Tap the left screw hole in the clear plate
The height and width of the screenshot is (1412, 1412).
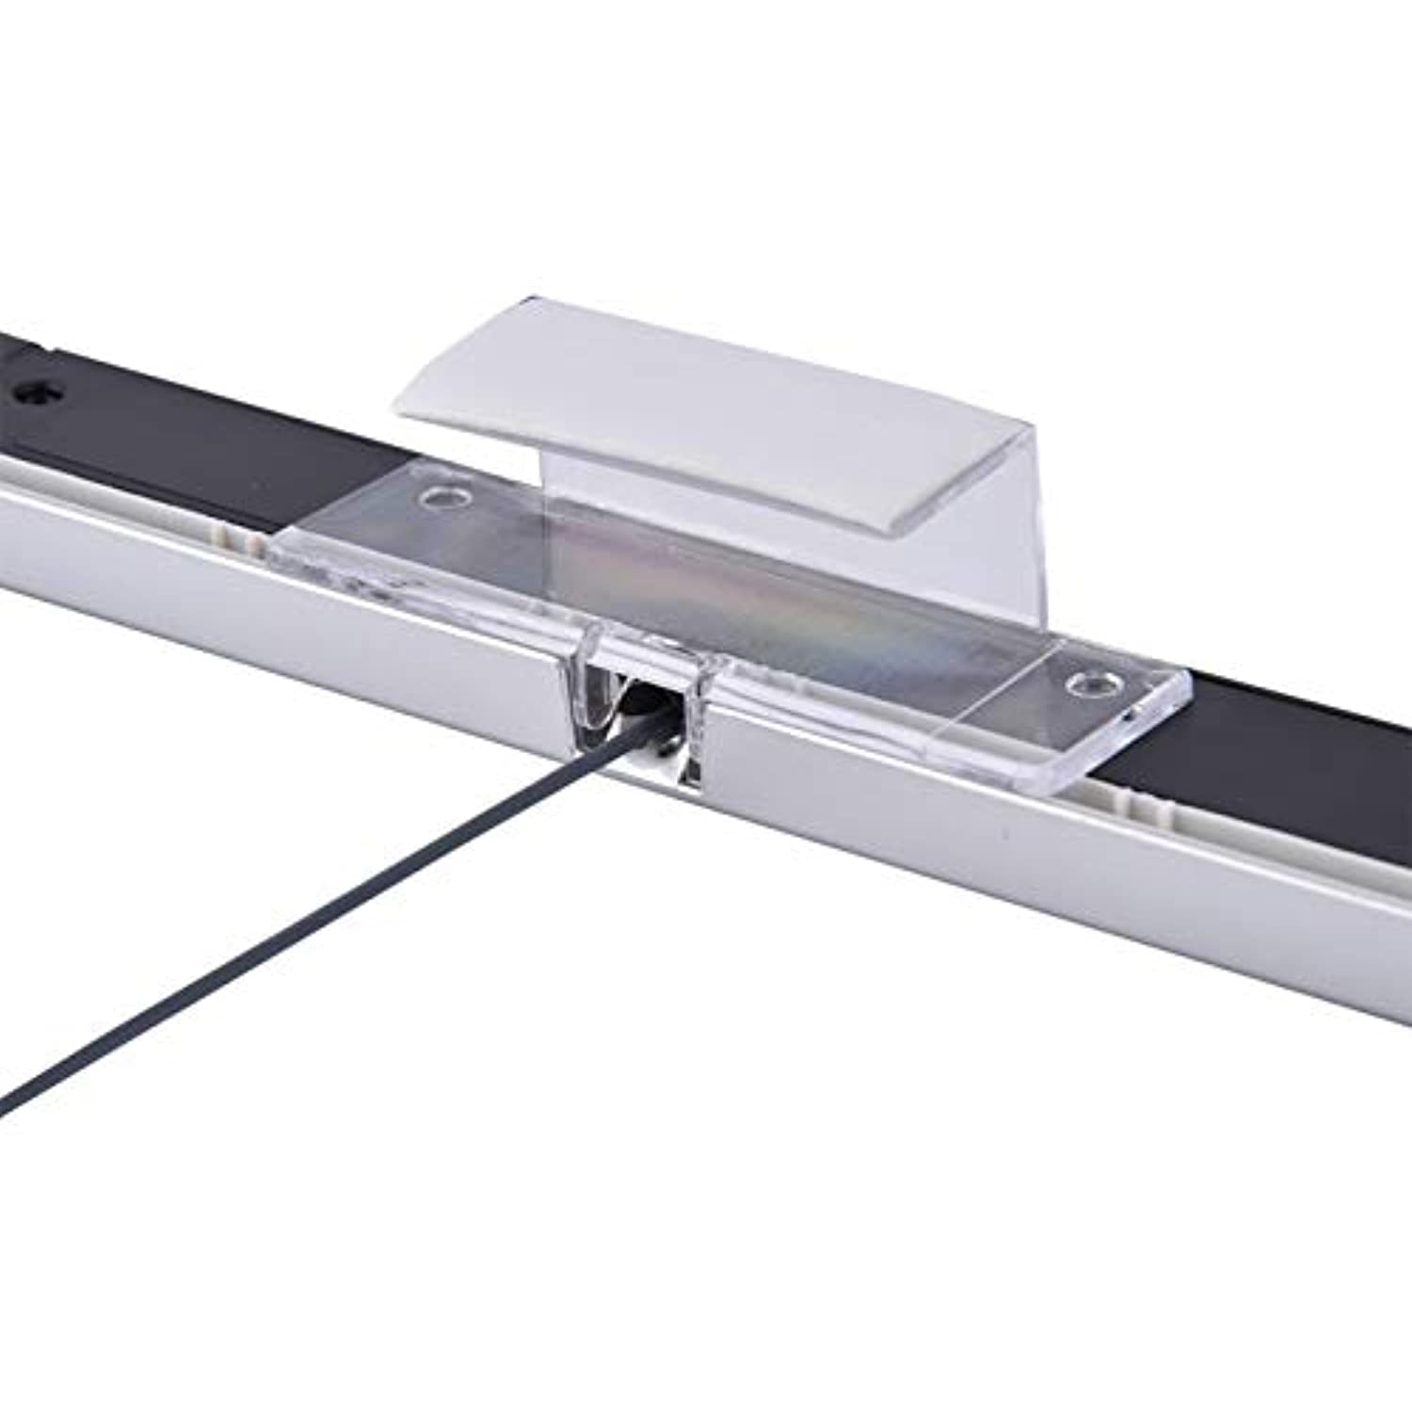(440, 495)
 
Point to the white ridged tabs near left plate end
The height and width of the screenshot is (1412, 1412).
(240, 538)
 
